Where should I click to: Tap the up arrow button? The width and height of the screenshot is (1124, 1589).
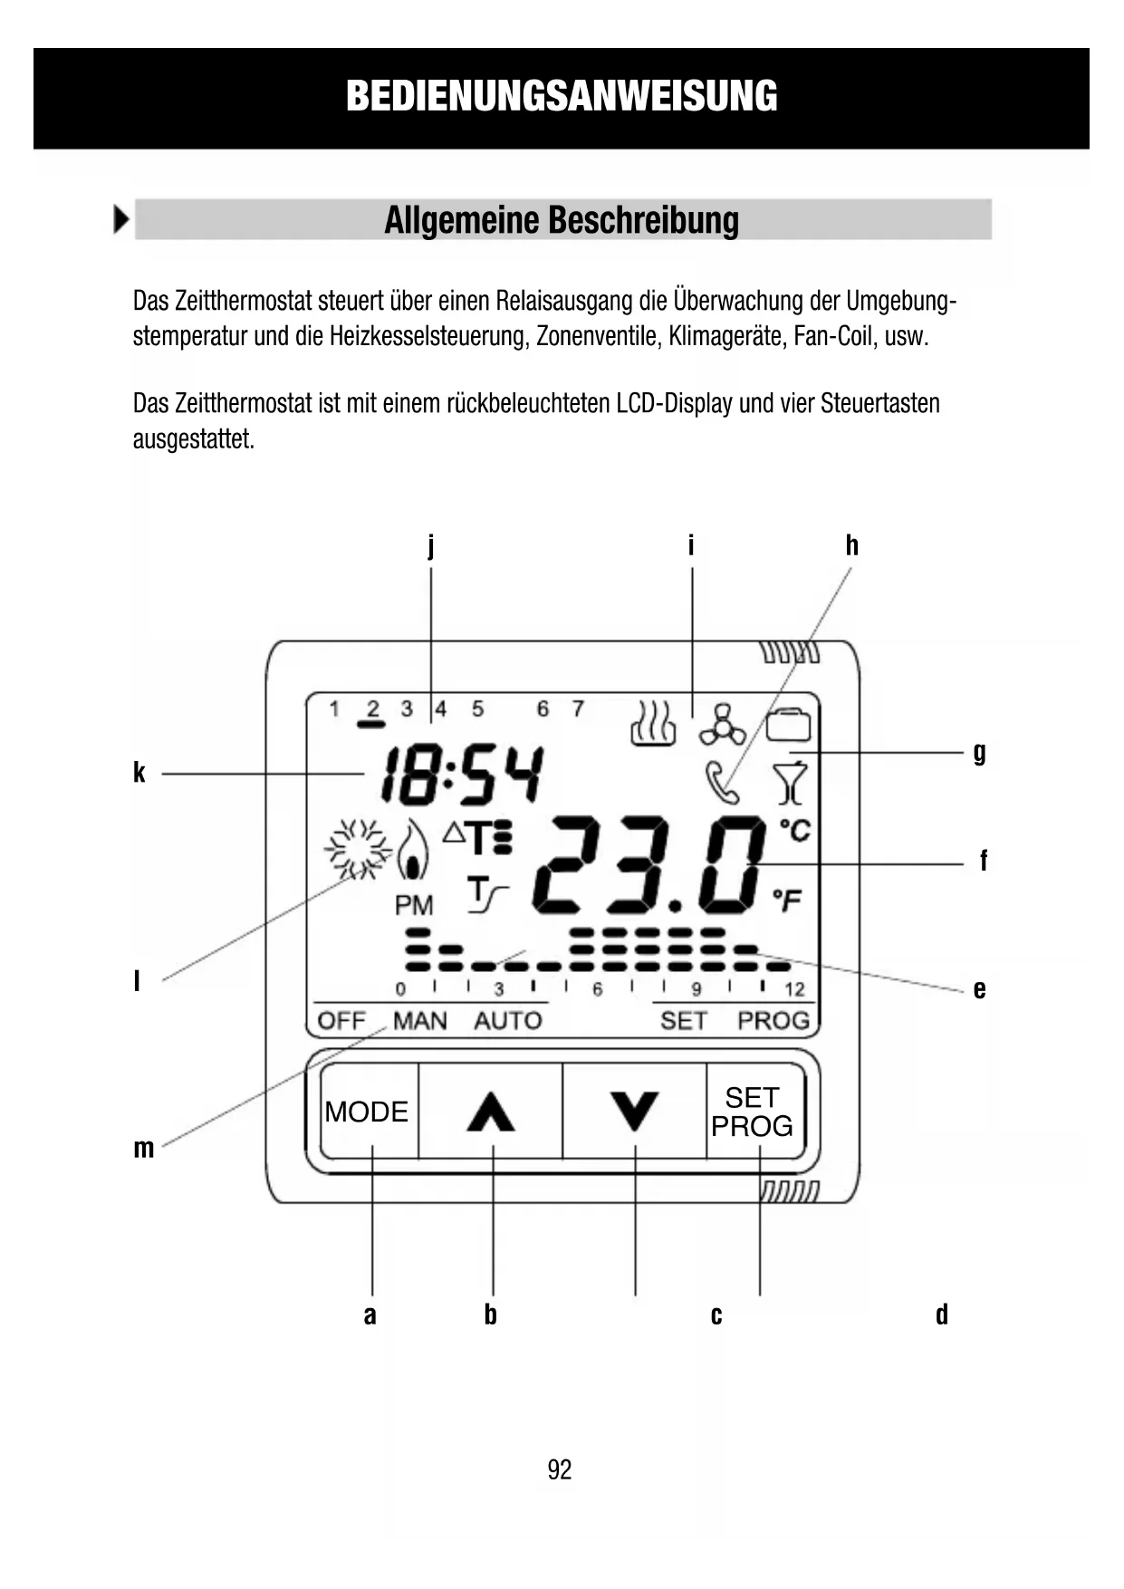coord(491,1111)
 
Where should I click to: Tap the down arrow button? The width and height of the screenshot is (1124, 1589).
coord(634,1111)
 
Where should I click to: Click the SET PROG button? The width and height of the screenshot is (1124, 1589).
coord(753,1112)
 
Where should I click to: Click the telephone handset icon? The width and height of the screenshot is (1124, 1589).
coord(722,783)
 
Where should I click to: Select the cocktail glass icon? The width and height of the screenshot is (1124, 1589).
coord(790,784)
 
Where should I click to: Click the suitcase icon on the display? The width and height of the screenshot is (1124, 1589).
coord(789,725)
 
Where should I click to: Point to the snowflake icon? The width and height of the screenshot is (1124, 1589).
coord(357,850)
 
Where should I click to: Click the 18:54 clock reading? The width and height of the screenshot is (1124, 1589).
coord(462,775)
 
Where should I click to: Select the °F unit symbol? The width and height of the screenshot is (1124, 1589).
coord(787,900)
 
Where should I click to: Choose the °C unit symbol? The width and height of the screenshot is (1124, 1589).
coord(794,830)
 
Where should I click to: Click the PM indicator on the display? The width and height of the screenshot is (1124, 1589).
coord(414,905)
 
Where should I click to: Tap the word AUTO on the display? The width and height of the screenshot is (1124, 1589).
coord(507,1021)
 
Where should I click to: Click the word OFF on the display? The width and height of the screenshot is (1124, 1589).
coord(341,1021)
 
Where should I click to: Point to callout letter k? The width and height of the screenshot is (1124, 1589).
coord(139,773)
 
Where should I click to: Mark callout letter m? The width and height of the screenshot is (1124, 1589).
coord(143,1148)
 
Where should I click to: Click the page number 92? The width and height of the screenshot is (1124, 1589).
coord(560,1469)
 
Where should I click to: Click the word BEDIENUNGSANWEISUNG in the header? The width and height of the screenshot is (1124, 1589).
coord(562,97)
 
